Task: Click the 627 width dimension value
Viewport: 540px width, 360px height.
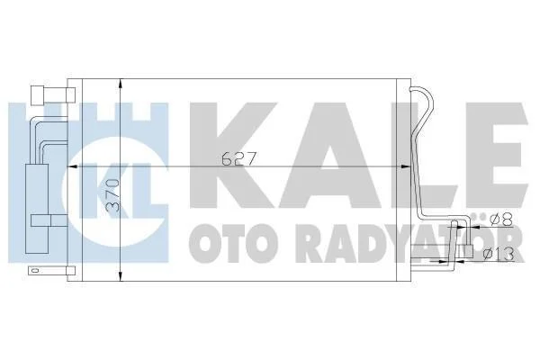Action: (238, 158)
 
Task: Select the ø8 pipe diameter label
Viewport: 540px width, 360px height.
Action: (501, 219)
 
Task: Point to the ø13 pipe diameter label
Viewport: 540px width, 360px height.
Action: (499, 254)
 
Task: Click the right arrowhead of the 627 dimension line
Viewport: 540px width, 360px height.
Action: (406, 166)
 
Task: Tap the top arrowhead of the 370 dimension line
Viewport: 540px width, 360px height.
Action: (120, 84)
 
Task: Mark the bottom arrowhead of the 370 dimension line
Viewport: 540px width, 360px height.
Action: (120, 276)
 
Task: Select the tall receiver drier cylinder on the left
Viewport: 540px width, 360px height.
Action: (38, 209)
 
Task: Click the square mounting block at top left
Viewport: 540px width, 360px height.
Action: (38, 95)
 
